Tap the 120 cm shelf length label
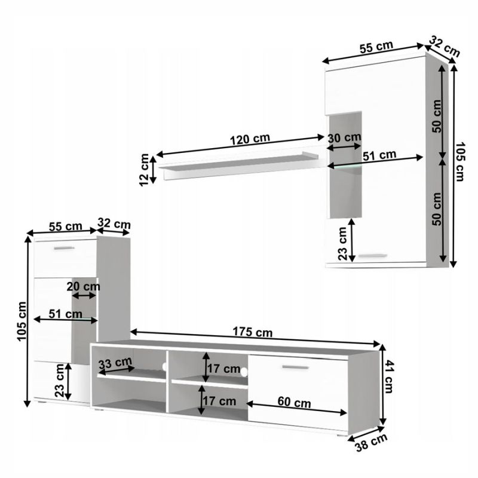click(x=249, y=139)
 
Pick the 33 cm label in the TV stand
click(x=115, y=363)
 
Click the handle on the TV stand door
click(x=295, y=367)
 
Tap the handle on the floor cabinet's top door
click(x=63, y=247)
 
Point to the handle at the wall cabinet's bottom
click(x=374, y=256)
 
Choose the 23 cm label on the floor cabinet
click(x=59, y=381)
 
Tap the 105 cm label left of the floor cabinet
click(x=22, y=320)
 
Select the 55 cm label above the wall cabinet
click(x=376, y=47)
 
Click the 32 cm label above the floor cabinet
click(x=114, y=224)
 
